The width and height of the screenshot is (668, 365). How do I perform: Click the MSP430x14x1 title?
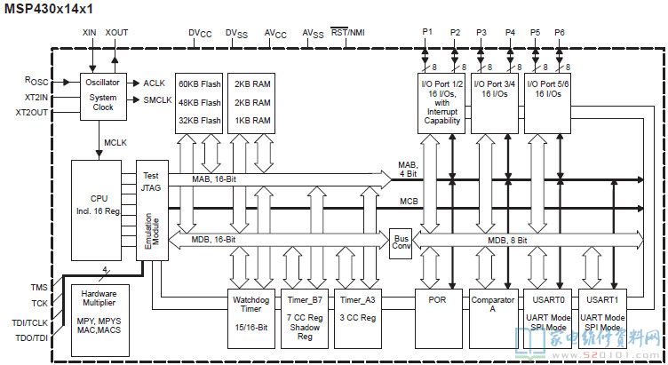tap(49, 9)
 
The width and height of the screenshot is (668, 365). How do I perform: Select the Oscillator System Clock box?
tap(104, 97)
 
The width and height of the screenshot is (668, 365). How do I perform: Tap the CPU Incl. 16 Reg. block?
tap(96, 210)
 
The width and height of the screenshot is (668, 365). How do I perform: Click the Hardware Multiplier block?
tap(100, 321)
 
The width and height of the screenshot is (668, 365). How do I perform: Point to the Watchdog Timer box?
tap(250, 319)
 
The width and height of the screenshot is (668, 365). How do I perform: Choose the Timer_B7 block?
tap(305, 319)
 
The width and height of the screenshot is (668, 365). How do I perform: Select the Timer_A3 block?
tap(358, 319)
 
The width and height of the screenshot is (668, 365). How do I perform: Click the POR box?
tap(439, 319)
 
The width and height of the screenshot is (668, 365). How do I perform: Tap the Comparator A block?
tap(492, 319)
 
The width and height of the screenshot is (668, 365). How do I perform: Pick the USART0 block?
tap(547, 319)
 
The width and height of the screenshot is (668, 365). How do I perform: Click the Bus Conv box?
tap(401, 243)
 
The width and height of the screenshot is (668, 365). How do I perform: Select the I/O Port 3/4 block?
tap(495, 104)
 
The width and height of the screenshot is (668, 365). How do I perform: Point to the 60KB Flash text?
tap(199, 84)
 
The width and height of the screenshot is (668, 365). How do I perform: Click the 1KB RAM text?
tap(252, 121)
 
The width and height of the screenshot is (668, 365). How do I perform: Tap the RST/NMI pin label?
tap(347, 32)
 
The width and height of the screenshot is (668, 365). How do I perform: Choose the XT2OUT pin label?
tap(31, 113)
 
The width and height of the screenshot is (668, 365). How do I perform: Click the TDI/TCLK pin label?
tap(29, 323)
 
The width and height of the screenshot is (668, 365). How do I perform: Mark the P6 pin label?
tap(560, 32)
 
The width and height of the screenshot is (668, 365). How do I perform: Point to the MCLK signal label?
tap(115, 143)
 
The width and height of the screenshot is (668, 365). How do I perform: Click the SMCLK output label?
tap(157, 100)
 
